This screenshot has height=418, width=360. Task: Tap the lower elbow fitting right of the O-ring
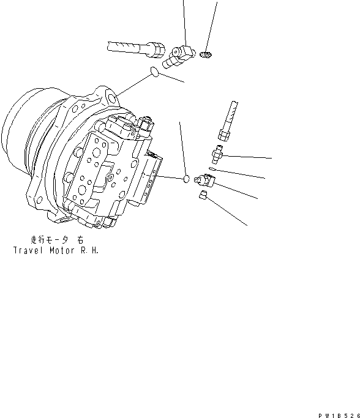pos(204,179)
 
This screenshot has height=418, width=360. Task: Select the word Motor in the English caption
pos(60,251)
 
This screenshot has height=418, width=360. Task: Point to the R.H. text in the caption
pos(88,251)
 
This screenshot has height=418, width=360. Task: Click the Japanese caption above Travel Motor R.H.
pos(54,241)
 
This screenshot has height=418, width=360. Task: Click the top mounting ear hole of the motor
pos(111,97)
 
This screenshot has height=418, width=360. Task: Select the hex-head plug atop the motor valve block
pos(145,125)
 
